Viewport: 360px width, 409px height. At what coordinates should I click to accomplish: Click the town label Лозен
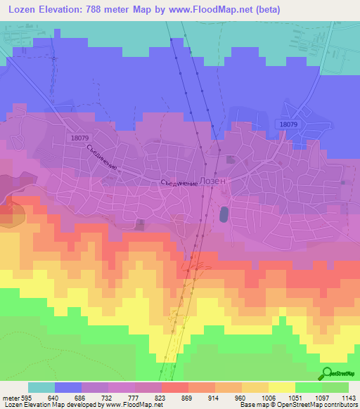tap(214, 181)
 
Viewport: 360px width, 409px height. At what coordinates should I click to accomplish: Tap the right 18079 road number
tap(288, 124)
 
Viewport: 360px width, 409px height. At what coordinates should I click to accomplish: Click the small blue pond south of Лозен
tap(224, 213)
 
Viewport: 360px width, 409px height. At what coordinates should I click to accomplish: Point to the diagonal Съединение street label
tap(101, 160)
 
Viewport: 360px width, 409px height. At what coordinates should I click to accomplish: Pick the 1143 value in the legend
tap(349, 397)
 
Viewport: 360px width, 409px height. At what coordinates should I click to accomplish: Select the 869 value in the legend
tap(188, 397)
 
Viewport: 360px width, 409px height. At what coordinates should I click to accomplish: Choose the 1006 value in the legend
tap(267, 397)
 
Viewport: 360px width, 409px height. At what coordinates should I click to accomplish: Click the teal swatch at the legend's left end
tap(41, 387)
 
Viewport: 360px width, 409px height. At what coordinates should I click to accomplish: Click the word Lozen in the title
tap(22, 10)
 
